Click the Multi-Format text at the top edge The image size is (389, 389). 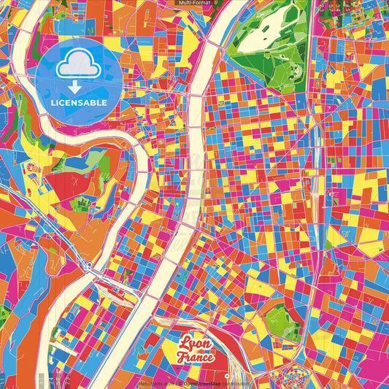[x=194, y=4]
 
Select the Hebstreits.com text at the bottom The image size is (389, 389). [x=155, y=382]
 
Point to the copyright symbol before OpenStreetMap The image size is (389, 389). [x=180, y=382]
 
